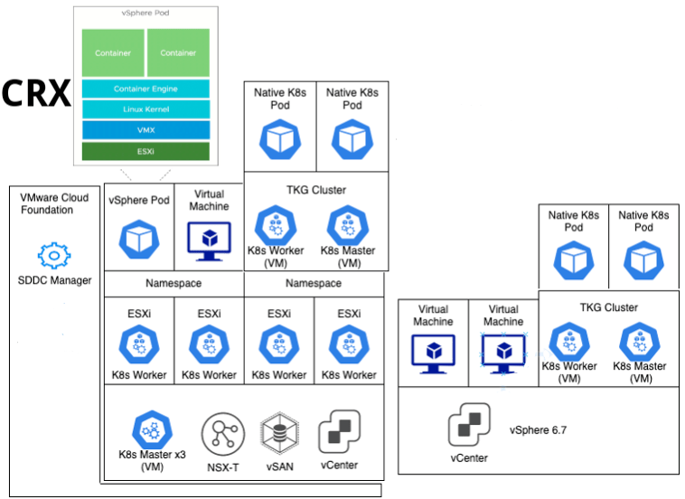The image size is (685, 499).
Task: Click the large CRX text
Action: coord(36,93)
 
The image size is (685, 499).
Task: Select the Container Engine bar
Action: coord(145,89)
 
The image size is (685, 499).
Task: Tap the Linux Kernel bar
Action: coord(145,109)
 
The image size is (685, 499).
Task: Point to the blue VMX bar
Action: coord(145,130)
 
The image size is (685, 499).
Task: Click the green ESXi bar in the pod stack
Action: coord(145,151)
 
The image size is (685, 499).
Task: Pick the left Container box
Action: coord(113,52)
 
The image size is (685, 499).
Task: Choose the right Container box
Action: coord(178,52)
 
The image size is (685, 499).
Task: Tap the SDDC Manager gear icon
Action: coord(54,256)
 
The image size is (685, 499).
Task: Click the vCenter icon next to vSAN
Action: coord(339,431)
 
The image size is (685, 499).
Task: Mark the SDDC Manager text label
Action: coord(55,280)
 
